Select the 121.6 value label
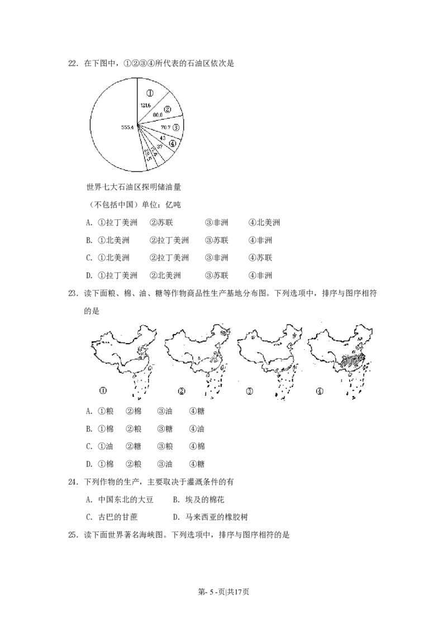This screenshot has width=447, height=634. (146, 105)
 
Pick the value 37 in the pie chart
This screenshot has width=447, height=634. (159, 146)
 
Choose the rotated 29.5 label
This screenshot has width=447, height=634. (148, 155)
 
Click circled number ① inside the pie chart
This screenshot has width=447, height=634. (150, 93)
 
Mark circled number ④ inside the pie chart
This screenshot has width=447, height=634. (173, 143)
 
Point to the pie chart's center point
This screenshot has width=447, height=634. (137, 125)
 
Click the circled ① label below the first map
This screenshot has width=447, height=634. (103, 391)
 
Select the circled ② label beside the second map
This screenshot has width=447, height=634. (181, 391)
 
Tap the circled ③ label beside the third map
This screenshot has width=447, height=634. (250, 391)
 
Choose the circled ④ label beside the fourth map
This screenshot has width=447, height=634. (319, 391)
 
